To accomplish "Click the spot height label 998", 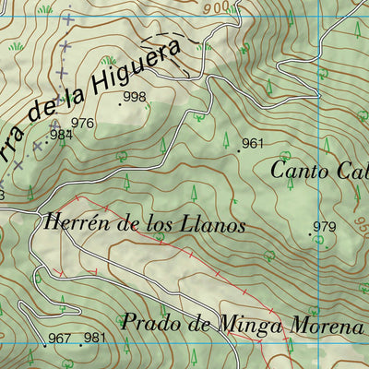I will coord(135,97).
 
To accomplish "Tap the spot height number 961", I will coord(252,143).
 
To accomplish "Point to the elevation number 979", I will coord(324,227).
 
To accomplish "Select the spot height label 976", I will coord(82,123).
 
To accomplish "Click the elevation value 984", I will coord(61,135).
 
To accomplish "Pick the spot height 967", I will coord(59,339).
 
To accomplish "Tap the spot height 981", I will coord(94,339).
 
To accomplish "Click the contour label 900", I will coord(217,7).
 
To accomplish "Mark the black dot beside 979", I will coord(310,234).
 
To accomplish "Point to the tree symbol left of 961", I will coord(225,140).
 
